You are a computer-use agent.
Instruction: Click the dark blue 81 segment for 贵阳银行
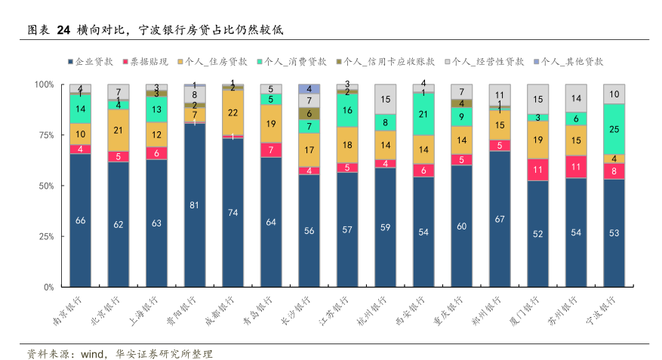pyautogui.click(x=195, y=205)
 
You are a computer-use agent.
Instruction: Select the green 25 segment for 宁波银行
pyautogui.click(x=614, y=129)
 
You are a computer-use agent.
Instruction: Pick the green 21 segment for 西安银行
pyautogui.click(x=423, y=114)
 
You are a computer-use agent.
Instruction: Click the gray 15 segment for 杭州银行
pyautogui.click(x=385, y=99)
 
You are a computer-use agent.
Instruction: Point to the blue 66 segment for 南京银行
pyautogui.click(x=80, y=220)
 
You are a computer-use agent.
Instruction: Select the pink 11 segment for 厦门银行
pyautogui.click(x=537, y=170)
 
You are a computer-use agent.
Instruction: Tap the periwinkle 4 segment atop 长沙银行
pyautogui.click(x=309, y=89)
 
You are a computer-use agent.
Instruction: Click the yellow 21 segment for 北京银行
pyautogui.click(x=119, y=130)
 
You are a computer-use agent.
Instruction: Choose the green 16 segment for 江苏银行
pyautogui.click(x=347, y=110)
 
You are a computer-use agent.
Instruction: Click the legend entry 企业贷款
pyautogui.click(x=94, y=61)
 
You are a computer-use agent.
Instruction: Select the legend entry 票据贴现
pyautogui.click(x=148, y=61)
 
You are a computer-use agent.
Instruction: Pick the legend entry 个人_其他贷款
pyautogui.click(x=572, y=61)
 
